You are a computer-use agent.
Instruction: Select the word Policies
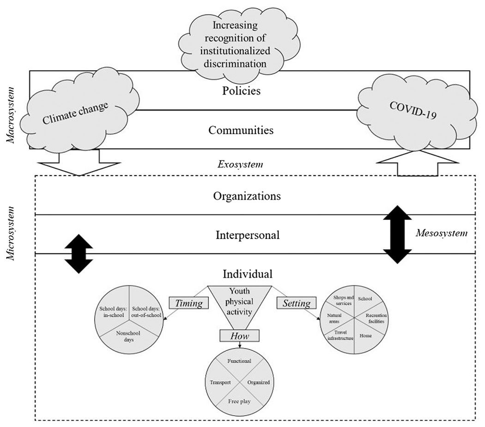241,90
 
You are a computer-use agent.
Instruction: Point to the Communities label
241,130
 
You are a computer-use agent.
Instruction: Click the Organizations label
247,196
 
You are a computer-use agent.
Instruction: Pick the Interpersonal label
248,235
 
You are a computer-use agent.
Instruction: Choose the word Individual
247,273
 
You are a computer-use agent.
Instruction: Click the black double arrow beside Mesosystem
397,234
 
